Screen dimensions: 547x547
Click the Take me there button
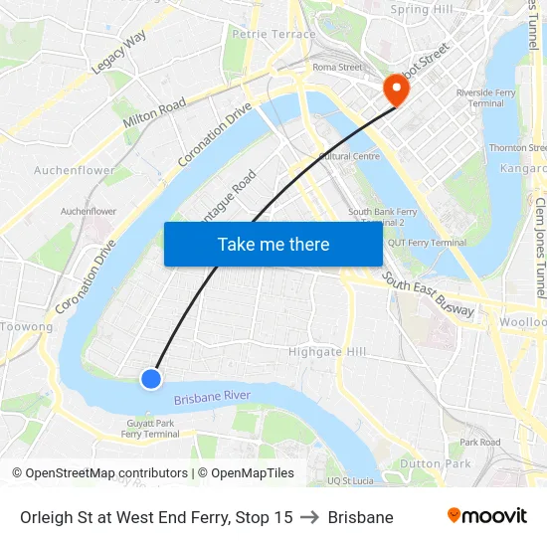(273, 244)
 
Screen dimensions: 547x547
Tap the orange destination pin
(396, 89)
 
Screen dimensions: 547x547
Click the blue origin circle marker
(151, 378)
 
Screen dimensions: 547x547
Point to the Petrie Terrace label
(273, 34)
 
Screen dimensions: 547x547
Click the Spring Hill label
(422, 10)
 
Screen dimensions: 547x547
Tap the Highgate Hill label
(327, 352)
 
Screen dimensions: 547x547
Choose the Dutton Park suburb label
(435, 463)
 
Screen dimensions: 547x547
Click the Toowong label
(27, 326)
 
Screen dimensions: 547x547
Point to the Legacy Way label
(118, 52)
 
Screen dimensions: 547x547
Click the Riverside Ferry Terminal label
(486, 97)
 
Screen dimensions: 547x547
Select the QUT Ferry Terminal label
(427, 243)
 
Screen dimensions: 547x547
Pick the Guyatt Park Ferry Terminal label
(150, 429)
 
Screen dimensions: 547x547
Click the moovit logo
(487, 516)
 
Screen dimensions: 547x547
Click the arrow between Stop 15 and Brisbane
(310, 517)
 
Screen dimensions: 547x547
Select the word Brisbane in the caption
(360, 517)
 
